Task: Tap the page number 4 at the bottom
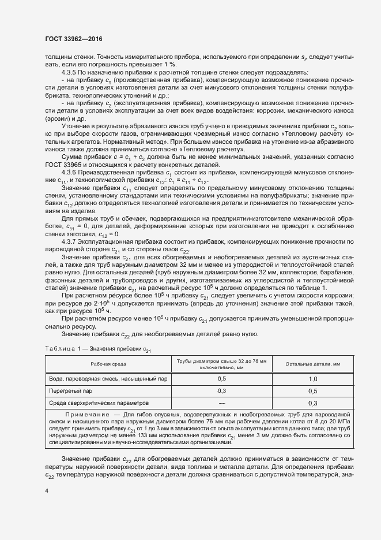pos(46,490)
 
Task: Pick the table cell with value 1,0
pos(313,378)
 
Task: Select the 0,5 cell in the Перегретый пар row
pos(313,390)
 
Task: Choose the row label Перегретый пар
pos(66,390)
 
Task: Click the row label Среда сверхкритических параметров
pos(99,403)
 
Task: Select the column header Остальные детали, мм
pos(313,363)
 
